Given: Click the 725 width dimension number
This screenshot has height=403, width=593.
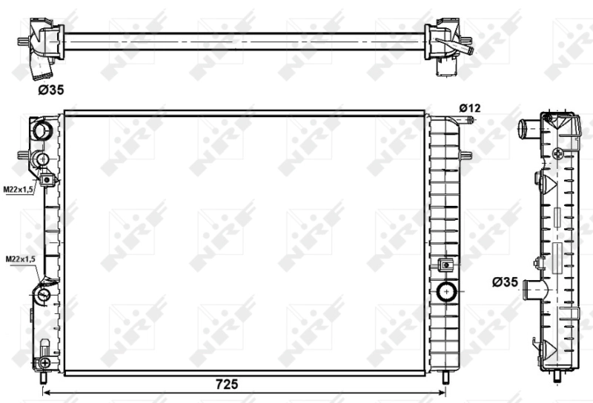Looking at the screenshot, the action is pos(227,384).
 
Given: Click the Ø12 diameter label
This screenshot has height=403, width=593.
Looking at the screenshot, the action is pos(470,108).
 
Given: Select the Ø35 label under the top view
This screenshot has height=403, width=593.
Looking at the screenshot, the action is pos(51,90).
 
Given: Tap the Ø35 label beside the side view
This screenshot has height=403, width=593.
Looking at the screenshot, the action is pos(505,282).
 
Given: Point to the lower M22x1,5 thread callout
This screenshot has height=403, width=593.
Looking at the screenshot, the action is pos(21,259).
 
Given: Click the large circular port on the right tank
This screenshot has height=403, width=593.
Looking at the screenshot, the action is pos(447,291).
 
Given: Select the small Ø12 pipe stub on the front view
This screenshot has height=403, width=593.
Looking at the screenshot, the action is pos(467,120).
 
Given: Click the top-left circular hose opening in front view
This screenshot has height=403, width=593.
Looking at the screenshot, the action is pos(42,130).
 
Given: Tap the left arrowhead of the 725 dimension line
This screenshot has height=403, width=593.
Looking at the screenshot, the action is pos(47,393).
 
